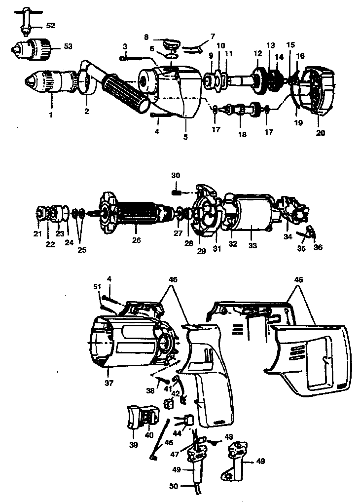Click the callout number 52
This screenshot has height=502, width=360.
click(50, 24)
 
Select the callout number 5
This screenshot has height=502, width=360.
click(186, 138)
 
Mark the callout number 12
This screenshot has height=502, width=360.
click(257, 53)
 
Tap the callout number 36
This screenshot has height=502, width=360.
click(318, 247)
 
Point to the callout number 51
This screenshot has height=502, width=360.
click(97, 287)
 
